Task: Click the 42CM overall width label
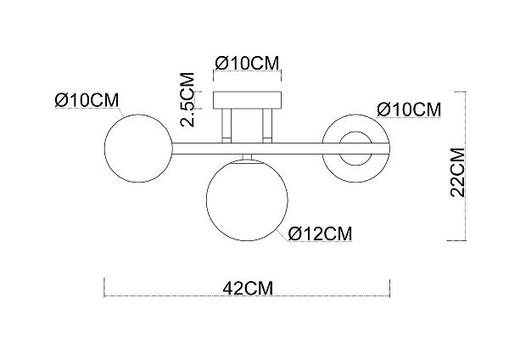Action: tap(248, 288)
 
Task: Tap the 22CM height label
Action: tap(458, 172)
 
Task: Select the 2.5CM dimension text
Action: tap(187, 99)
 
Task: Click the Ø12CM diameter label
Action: tap(320, 233)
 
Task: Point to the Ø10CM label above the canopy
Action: tap(247, 63)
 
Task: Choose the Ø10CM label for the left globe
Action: tap(87, 99)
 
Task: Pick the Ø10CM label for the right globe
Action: tap(409, 110)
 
